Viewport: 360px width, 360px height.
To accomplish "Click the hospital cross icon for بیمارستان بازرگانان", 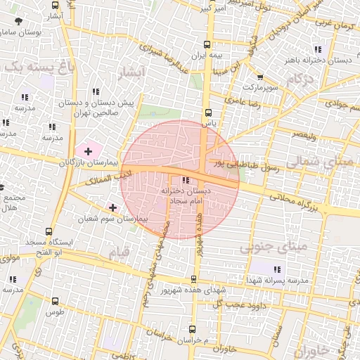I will click(x=88, y=150).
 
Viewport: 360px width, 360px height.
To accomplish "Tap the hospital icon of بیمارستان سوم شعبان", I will click(x=113, y=207).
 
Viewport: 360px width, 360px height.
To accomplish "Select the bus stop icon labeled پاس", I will click(x=208, y=112).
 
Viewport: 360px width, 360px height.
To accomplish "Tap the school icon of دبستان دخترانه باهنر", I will click(x=318, y=49).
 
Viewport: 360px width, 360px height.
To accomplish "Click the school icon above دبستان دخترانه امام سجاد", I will click(x=186, y=181).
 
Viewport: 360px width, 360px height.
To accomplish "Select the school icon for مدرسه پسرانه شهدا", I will click(x=276, y=269).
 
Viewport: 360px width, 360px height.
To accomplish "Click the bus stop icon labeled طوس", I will click(x=56, y=301).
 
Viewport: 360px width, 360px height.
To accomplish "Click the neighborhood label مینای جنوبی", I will click(x=263, y=247).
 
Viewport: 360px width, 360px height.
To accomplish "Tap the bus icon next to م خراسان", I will click(x=193, y=328).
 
